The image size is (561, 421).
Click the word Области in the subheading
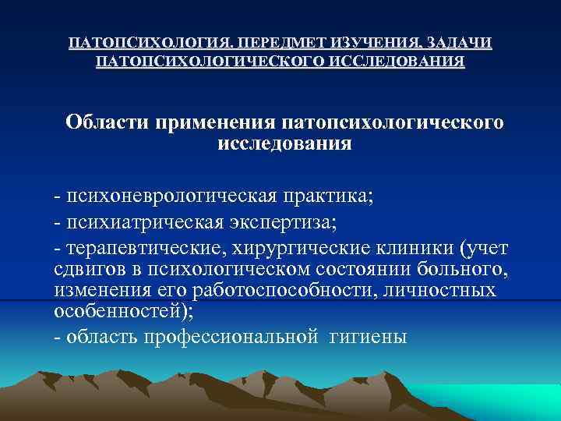pyautogui.click(x=108, y=123)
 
